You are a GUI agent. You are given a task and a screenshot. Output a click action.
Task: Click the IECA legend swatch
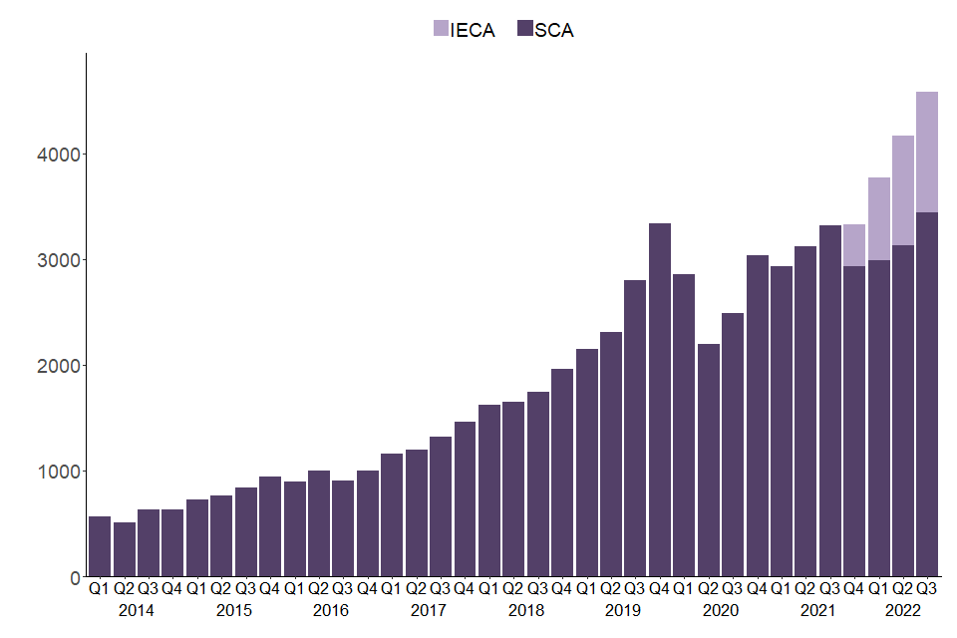pyautogui.click(x=441, y=30)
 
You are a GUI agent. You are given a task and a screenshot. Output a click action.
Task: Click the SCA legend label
pyautogui.click(x=554, y=30)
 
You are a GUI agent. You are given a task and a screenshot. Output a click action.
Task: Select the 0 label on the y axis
pyautogui.click(x=73, y=577)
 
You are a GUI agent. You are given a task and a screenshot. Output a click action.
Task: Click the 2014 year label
pyautogui.click(x=137, y=610)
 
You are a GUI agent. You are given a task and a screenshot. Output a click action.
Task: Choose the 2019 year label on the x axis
pyautogui.click(x=623, y=610)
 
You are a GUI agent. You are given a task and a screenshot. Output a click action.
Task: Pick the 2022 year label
pyautogui.click(x=903, y=610)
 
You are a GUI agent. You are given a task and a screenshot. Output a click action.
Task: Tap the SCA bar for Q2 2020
pyautogui.click(x=709, y=460)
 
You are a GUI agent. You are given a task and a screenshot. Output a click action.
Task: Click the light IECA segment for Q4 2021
pyautogui.click(x=854, y=245)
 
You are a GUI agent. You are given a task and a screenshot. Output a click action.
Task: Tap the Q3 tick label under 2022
pyautogui.click(x=927, y=588)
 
